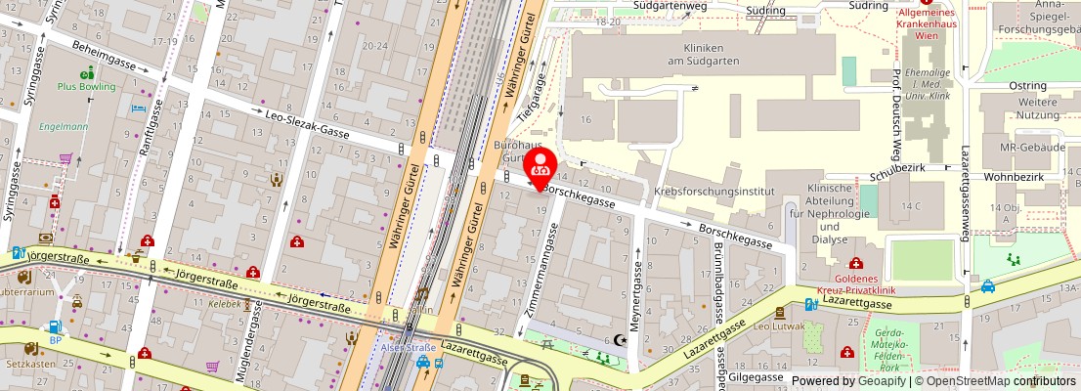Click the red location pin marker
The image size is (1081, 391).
[x=540, y=164]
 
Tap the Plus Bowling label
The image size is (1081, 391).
[x=87, y=87]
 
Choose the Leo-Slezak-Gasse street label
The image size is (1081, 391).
[x=307, y=122]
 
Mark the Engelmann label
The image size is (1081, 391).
[x=64, y=127]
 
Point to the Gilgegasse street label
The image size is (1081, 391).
[x=756, y=377]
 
